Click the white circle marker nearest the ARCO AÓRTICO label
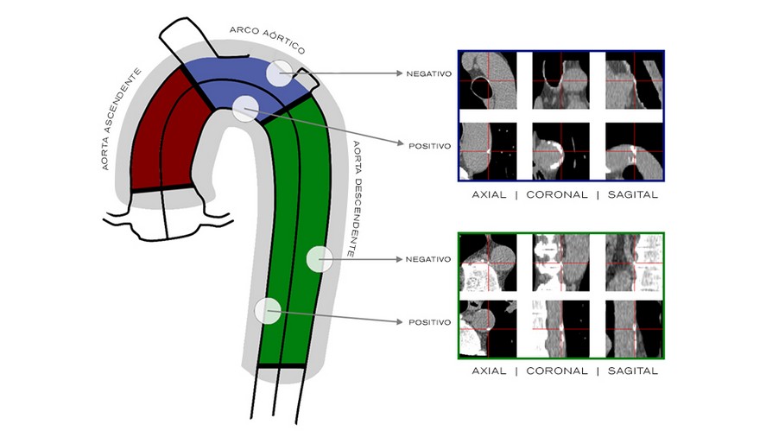pos(279,73)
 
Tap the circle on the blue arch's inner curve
pos(246,107)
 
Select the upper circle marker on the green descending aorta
pos(320,258)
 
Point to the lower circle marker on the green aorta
pos(268,309)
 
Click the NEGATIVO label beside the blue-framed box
pos(429,73)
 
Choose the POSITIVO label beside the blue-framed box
pos(429,145)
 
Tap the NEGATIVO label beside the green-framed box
pos(429,259)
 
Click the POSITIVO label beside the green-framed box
pos(429,322)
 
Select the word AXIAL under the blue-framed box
pos(489,194)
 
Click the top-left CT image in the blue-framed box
pos(489,79)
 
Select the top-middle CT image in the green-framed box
pos(560,263)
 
